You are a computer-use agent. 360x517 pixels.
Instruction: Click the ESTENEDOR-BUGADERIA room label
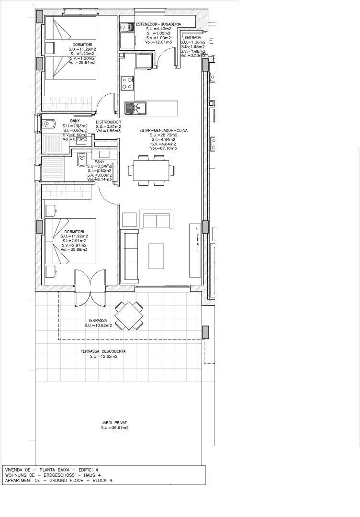click(158, 23)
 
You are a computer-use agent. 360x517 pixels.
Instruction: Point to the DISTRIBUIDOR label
click(108, 122)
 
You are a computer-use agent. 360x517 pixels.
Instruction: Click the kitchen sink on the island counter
click(135, 108)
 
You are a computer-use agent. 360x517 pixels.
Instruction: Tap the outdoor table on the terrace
click(128, 315)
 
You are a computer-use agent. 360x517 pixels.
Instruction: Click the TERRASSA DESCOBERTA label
click(103, 351)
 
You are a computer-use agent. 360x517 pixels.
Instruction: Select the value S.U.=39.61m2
click(114, 428)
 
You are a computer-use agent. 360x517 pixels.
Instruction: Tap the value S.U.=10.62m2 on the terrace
click(98, 326)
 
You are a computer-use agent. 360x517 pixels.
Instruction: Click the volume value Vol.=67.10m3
click(163, 149)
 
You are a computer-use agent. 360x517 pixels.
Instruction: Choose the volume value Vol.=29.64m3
click(82, 62)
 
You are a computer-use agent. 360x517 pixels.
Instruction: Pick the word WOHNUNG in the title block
click(17, 475)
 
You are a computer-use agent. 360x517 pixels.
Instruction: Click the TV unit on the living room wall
click(195, 249)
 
